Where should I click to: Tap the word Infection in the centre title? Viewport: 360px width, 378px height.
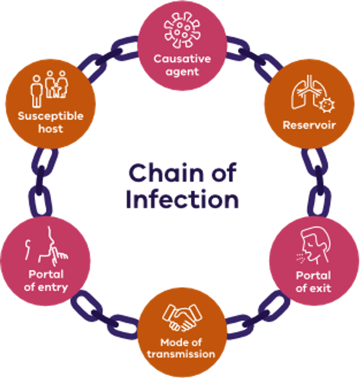(182, 199)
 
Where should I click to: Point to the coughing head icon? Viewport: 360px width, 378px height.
(313, 245)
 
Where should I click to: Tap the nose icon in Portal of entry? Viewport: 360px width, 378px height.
(47, 246)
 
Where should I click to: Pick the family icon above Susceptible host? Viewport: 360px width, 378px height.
(49, 89)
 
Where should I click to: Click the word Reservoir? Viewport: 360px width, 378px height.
(309, 125)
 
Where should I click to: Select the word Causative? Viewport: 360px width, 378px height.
(182, 58)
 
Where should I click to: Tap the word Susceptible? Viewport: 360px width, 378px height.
(50, 116)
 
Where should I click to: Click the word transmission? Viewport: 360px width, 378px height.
(181, 354)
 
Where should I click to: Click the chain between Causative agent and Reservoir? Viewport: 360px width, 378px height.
(253, 58)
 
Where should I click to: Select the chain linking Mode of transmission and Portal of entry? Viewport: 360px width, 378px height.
(104, 315)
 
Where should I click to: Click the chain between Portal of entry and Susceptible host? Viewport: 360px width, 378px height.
(41, 182)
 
